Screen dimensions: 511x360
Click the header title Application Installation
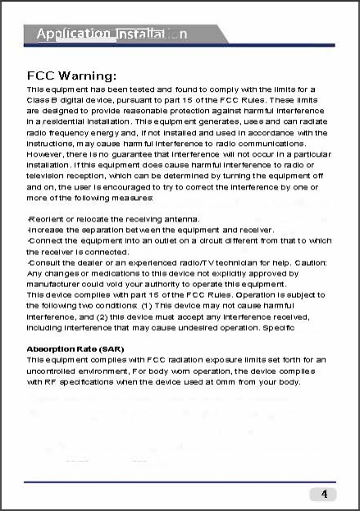pyautogui.click(x=112, y=34)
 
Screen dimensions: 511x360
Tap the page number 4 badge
pyautogui.click(x=324, y=494)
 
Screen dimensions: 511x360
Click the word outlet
pyautogui.click(x=162, y=240)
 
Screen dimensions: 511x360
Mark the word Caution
pyautogui.click(x=308, y=262)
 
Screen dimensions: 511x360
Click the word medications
pyautogui.click(x=111, y=272)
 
